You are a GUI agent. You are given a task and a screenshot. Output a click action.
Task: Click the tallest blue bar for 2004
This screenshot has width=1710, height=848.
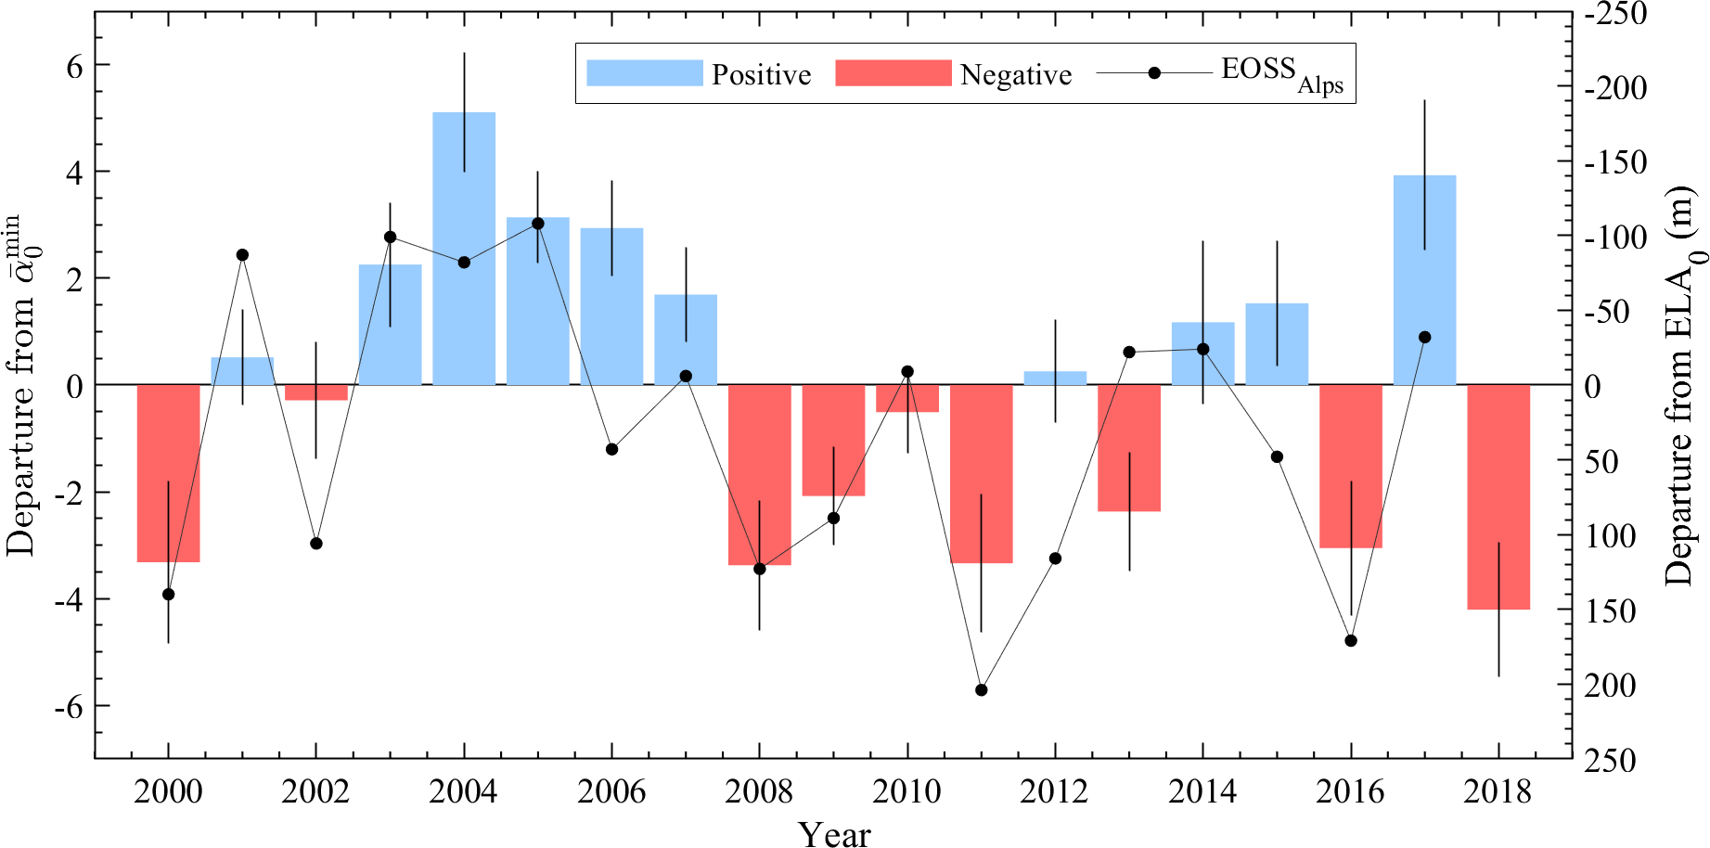pos(464,248)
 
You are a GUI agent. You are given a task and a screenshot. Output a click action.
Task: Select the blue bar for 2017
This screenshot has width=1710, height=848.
pos(1424,279)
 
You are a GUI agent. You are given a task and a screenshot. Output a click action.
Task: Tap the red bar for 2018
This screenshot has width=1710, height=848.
pos(1498,496)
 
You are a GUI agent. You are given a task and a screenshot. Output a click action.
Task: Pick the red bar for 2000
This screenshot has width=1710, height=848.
pos(168,473)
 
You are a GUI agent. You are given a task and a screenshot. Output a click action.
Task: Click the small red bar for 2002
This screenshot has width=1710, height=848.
pos(316,392)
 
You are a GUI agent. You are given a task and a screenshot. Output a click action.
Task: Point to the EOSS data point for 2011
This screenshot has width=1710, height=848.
pos(982,690)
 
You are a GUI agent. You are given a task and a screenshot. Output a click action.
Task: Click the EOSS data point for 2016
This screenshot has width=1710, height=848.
pos(1351,641)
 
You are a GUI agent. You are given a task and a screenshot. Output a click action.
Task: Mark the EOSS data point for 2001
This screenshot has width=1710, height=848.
pos(242,255)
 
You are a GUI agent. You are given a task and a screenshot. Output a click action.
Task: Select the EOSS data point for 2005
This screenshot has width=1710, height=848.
pos(538,224)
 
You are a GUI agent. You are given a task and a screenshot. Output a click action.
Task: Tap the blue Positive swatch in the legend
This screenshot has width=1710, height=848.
pos(645,73)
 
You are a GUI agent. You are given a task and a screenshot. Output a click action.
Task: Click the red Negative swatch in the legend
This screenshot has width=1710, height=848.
pos(894,73)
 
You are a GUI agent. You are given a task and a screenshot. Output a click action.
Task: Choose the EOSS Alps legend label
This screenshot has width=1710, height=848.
pos(1281,74)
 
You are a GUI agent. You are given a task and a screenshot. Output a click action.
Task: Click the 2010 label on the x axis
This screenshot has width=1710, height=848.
pos(906,791)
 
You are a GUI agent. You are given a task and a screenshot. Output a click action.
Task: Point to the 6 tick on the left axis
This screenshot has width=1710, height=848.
pos(74,66)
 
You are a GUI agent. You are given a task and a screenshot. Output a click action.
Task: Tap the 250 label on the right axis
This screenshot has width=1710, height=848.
pos(1610,761)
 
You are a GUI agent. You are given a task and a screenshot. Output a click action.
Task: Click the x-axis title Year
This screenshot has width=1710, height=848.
pos(834,834)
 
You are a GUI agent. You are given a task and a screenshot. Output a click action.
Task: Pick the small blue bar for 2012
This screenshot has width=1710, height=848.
pos(1055,378)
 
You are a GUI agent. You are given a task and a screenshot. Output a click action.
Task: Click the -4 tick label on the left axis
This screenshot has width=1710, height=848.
pos(68,600)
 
